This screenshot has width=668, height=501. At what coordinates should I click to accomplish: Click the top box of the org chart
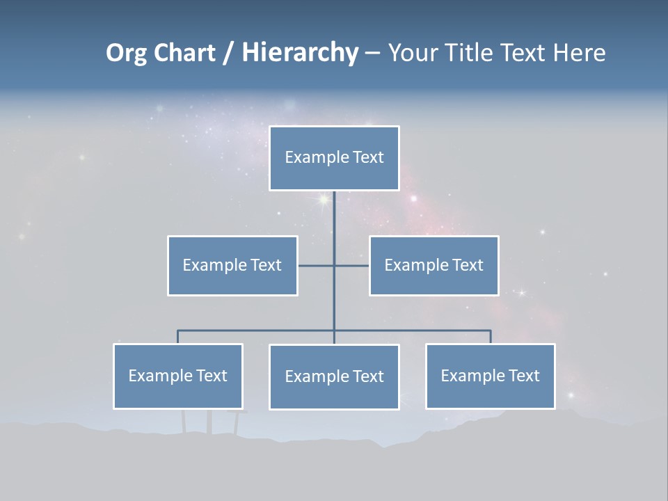[334, 158]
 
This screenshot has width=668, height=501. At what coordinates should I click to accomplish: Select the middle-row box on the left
[232, 266]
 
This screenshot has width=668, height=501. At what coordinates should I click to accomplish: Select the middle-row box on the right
[434, 266]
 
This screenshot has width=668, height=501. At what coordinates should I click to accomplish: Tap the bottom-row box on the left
[178, 376]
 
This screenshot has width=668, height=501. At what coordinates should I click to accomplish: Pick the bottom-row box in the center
[334, 377]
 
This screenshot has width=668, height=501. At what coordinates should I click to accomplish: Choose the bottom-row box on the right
[490, 376]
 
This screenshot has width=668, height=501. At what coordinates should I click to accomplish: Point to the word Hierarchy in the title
[300, 53]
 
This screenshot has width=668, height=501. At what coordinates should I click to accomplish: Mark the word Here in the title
[579, 53]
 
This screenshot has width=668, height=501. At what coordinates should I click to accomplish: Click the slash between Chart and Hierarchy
[228, 53]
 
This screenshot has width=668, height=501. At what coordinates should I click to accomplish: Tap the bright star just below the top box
[323, 200]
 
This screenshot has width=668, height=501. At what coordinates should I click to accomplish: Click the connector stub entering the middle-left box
[316, 266]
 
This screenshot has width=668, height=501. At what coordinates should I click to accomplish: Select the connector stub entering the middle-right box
[352, 266]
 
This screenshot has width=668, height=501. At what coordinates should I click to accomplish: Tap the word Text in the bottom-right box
[523, 376]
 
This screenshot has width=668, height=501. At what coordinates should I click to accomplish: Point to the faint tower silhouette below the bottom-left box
[209, 421]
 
